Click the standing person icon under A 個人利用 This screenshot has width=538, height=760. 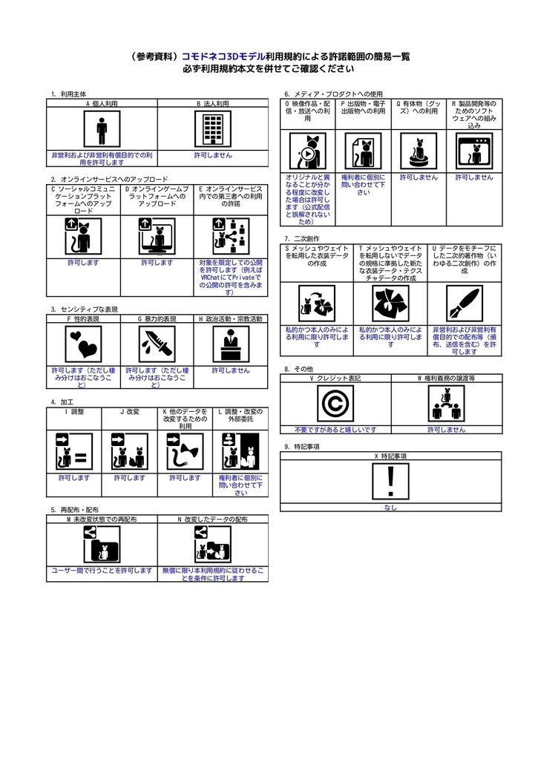coord(102,130)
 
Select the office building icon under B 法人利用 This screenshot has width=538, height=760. coord(213,130)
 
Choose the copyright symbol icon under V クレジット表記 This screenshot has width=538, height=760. coord(335,404)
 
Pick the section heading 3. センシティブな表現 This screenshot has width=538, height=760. coord(85,309)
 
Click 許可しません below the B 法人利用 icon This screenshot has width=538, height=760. coord(213,155)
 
